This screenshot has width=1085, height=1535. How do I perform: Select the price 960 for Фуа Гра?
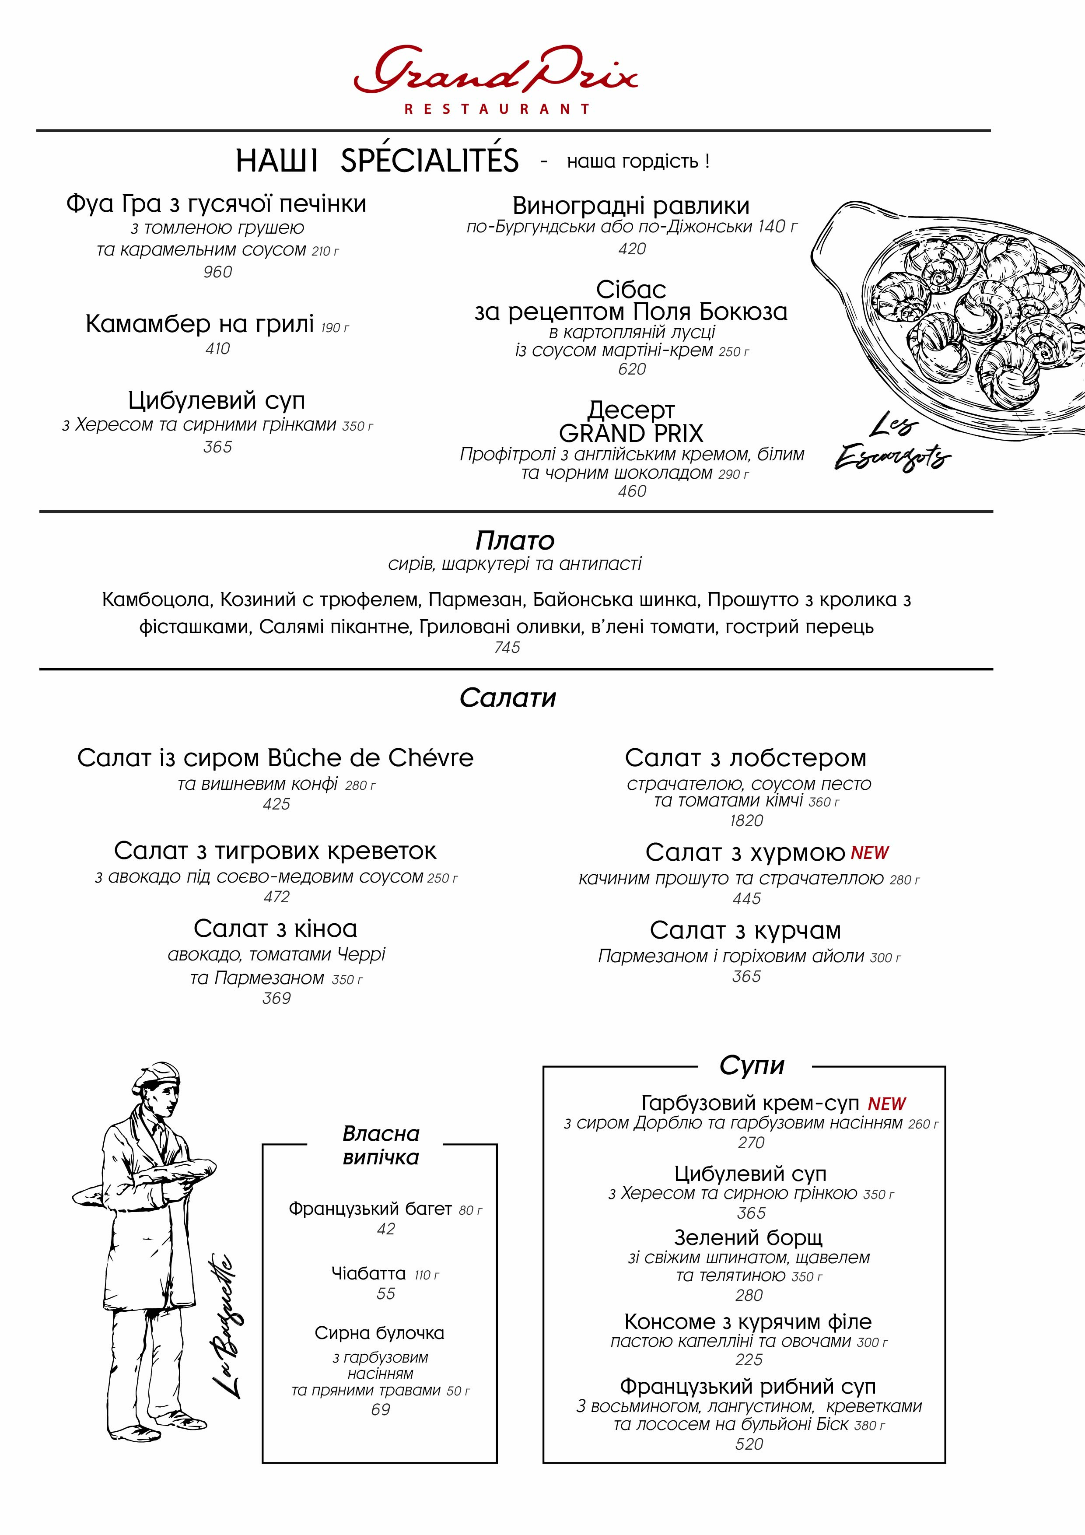pyautogui.click(x=218, y=272)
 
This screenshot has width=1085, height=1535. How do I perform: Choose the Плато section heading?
pyautogui.click(x=515, y=540)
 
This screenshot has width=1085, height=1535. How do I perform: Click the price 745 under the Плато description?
pyautogui.click(x=507, y=647)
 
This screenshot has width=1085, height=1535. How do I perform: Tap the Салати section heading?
pyautogui.click(x=508, y=698)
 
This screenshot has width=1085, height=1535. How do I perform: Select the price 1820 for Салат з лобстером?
pyautogui.click(x=746, y=820)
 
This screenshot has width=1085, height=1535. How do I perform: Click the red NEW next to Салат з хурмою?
pyautogui.click(x=870, y=853)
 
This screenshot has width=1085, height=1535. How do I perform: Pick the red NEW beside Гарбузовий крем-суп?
pyautogui.click(x=887, y=1104)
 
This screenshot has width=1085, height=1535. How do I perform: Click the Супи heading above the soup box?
pyautogui.click(x=752, y=1065)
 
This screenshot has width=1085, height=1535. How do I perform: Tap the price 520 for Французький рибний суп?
pyautogui.click(x=749, y=1444)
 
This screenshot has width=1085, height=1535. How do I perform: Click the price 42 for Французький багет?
pyautogui.click(x=386, y=1229)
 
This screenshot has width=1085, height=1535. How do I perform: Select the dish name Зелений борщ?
pyautogui.click(x=748, y=1237)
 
